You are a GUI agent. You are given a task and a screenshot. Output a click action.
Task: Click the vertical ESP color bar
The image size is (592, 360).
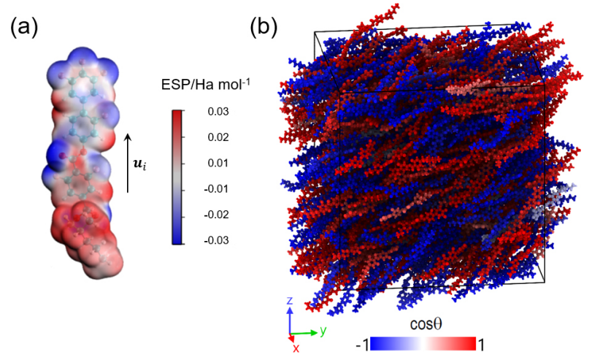pyautogui.click(x=177, y=176)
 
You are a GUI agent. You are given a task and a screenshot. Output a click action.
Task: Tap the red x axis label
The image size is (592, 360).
pyautogui.click(x=296, y=348)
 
